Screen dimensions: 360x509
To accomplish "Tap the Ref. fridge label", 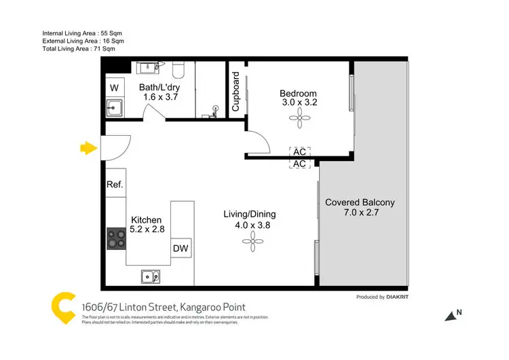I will [114, 185].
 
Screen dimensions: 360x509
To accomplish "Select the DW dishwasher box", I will [181, 249].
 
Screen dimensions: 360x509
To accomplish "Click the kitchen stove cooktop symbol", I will [115, 238].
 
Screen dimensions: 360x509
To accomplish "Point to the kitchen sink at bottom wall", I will [151, 276].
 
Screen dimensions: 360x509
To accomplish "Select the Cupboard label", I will [236, 91].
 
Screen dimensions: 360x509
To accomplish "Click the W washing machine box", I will [114, 88].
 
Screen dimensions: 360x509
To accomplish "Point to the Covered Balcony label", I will [360, 202].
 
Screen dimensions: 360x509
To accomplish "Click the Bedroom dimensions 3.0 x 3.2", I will [299, 103].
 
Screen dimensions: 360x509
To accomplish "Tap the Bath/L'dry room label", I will [160, 87].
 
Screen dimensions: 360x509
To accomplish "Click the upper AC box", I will [299, 151].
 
